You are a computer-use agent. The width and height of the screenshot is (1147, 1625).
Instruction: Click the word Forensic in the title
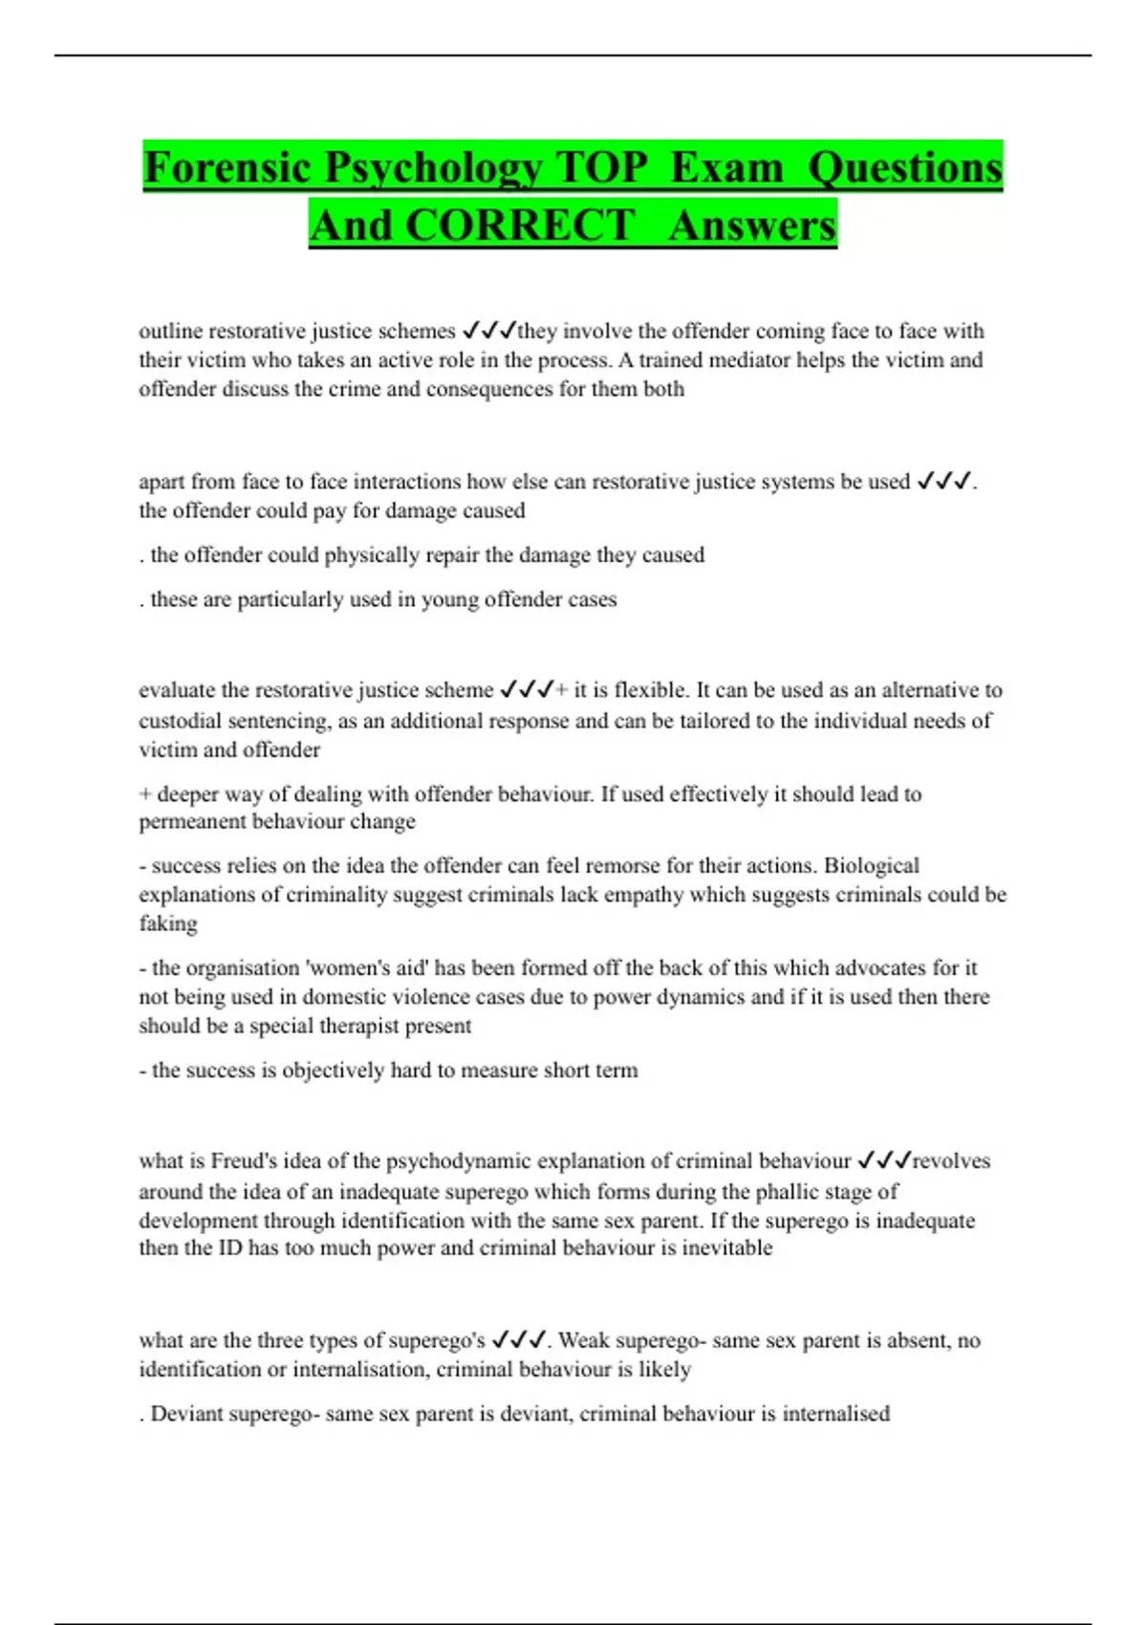(227, 167)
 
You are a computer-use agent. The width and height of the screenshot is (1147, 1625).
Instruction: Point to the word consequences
(487, 389)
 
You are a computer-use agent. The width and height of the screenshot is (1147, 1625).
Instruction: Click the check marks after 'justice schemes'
(488, 331)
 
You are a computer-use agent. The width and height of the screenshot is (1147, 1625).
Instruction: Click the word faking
(168, 924)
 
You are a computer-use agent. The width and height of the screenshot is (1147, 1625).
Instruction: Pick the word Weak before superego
(583, 1340)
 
